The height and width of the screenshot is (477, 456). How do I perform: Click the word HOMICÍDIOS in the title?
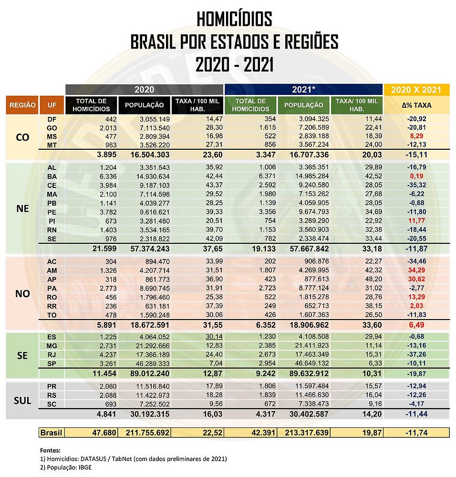pyautogui.click(x=234, y=19)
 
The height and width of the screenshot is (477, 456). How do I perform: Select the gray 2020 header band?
pyautogui.click(x=144, y=90)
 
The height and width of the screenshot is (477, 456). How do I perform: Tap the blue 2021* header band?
pyautogui.click(x=303, y=90)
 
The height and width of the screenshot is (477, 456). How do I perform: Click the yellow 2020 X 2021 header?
pyautogui.click(x=416, y=90)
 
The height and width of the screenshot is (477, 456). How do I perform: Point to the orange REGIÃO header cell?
pyautogui.click(x=22, y=105)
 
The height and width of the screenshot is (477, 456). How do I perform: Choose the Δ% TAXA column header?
pyautogui.click(x=416, y=105)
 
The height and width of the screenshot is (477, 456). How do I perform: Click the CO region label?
pyautogui.click(x=22, y=137)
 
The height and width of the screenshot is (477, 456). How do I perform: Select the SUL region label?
pyautogui.click(x=22, y=400)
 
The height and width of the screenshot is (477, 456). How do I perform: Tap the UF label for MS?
pyautogui.click(x=52, y=136)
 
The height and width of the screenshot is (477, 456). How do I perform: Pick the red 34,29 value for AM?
pyautogui.click(x=416, y=270)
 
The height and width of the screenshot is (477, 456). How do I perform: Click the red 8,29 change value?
pyautogui.click(x=416, y=136)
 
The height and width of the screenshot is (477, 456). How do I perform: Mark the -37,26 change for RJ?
pyautogui.click(x=416, y=354)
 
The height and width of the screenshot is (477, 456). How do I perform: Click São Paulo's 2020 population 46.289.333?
pyautogui.click(x=153, y=363)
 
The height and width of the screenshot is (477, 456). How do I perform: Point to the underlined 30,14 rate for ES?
pyautogui.click(x=214, y=336)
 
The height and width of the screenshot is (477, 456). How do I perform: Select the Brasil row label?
pyautogui.click(x=51, y=433)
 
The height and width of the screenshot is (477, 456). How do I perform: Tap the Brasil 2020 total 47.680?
pyautogui.click(x=104, y=433)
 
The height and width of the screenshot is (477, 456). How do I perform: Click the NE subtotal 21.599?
pyautogui.click(x=104, y=249)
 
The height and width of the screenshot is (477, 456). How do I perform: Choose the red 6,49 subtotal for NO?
pyautogui.click(x=416, y=325)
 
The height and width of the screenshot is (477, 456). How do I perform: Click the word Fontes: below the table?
pyautogui.click(x=50, y=450)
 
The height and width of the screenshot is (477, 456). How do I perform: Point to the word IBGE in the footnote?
pyautogui.click(x=85, y=467)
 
